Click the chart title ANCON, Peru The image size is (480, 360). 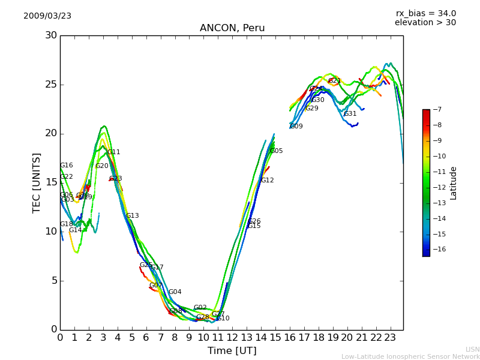click(232, 28)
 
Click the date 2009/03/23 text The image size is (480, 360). click(47, 16)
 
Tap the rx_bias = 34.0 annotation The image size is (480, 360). click(425, 14)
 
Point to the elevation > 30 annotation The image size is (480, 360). click(425, 23)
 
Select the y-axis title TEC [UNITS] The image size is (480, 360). click(37, 182)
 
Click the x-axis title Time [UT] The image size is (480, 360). click(232, 351)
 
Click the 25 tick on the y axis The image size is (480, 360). click(50, 85)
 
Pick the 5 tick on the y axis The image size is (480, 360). click(53, 280)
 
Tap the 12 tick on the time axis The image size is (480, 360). click(232, 337)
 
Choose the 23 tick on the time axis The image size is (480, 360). click(390, 337)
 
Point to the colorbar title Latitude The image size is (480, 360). click(454, 183)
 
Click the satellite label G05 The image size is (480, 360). click(277, 151)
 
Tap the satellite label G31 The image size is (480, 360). click(350, 114)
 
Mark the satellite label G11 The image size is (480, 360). click(114, 152)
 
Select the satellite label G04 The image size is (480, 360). click(175, 292)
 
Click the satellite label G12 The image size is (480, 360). click(267, 181)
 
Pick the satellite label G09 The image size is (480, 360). click(296, 127)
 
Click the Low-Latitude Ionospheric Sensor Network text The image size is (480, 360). click(410, 357)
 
